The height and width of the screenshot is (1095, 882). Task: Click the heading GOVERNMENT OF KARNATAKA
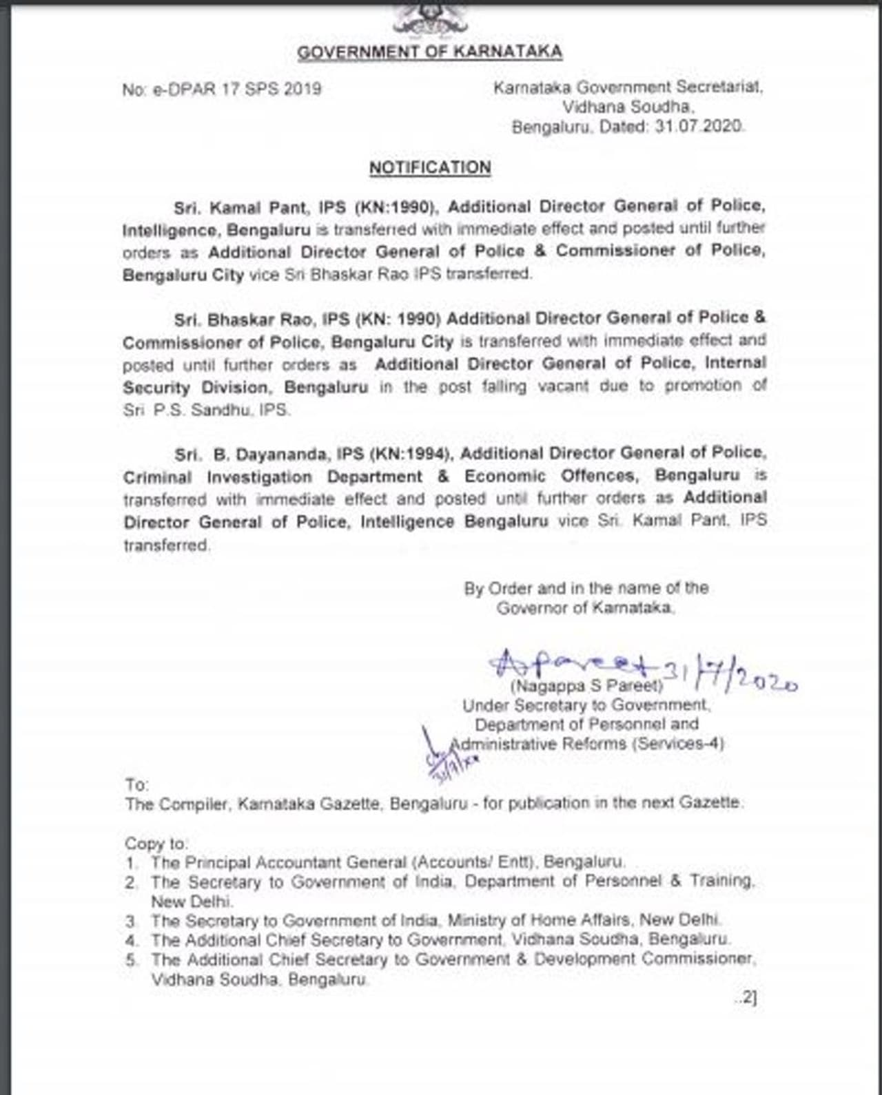click(429, 52)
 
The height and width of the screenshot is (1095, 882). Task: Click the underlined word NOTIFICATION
click(430, 168)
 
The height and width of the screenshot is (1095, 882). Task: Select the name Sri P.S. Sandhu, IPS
click(207, 410)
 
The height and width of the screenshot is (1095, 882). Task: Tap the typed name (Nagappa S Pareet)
click(586, 686)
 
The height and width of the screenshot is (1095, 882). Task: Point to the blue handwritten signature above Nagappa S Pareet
click(572, 663)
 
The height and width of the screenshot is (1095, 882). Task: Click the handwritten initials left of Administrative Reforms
click(448, 754)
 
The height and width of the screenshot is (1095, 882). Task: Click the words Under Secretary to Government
click(585, 705)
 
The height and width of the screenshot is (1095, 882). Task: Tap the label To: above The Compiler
click(137, 784)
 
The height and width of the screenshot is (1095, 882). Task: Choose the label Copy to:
click(156, 844)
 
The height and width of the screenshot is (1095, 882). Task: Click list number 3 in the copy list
click(131, 921)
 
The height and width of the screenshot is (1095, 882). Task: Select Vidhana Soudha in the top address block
click(627, 107)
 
